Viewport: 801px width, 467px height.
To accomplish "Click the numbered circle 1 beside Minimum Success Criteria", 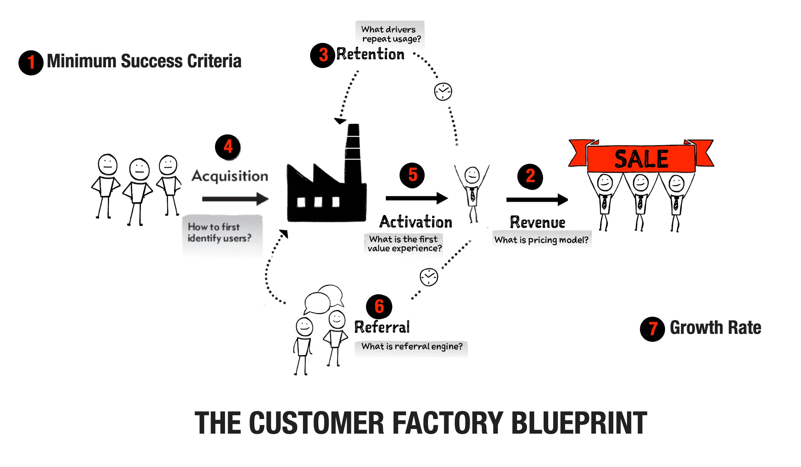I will (x=31, y=63).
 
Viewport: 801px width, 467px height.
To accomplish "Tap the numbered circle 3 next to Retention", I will (x=322, y=55).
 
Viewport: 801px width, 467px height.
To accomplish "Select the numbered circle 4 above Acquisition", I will (x=228, y=147).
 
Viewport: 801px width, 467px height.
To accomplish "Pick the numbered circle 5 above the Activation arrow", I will (x=412, y=175).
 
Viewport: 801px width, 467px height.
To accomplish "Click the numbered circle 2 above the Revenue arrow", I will (x=530, y=176).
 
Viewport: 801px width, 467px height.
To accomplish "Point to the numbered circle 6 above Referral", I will (x=379, y=307).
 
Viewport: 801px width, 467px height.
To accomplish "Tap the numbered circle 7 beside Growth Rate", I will (x=652, y=329).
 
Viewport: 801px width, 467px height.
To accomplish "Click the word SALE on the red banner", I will (x=641, y=159).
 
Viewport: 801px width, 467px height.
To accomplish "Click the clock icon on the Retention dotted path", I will (x=443, y=92).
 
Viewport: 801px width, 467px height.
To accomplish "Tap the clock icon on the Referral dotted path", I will (x=429, y=277).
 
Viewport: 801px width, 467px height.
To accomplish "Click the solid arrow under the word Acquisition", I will (x=235, y=199).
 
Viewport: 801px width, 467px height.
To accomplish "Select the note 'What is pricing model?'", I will (x=541, y=240).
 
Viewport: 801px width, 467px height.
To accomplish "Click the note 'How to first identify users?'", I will (x=219, y=233).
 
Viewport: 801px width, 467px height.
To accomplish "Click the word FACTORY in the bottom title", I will (x=448, y=423).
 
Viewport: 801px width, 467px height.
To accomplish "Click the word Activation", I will (x=415, y=222).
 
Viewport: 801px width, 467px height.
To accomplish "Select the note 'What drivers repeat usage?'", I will (x=390, y=34).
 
